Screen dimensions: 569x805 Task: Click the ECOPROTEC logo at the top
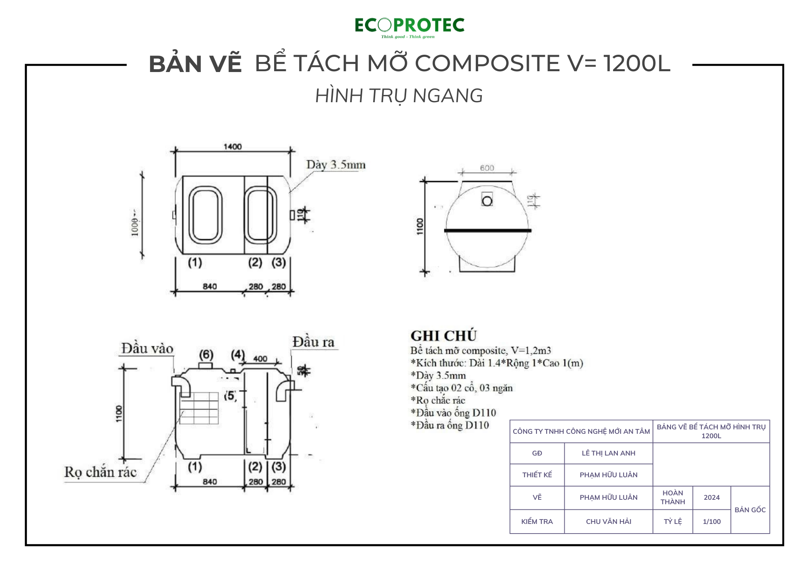[x=409, y=27]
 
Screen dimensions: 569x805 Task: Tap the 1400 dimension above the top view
[x=233, y=146]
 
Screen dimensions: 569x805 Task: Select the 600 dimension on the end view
[x=487, y=168]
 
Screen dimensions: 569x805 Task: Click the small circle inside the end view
[x=487, y=201]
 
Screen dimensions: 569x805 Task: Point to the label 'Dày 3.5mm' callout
[x=336, y=165]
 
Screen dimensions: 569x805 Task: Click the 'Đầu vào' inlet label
[x=147, y=348]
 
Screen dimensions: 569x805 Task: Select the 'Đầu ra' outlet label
[x=313, y=342]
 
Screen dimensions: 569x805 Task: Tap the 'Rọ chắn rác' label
[x=101, y=472]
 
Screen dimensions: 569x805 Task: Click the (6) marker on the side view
[x=206, y=355]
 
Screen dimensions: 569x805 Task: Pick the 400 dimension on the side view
[x=260, y=359]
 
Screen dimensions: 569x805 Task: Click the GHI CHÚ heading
[x=444, y=336]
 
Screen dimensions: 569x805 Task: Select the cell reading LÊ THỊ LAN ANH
[x=608, y=453]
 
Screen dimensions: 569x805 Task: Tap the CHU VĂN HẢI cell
[x=608, y=522]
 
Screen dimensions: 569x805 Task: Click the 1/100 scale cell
[x=711, y=522]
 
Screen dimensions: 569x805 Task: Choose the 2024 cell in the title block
[x=711, y=497]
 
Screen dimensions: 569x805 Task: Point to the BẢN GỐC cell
[x=750, y=510]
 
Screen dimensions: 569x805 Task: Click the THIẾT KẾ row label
[x=537, y=475]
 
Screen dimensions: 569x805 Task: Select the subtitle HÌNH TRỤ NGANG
[x=399, y=96]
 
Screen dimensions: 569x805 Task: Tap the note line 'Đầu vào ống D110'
[x=453, y=413]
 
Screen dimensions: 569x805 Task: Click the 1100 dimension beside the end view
[x=420, y=226]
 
